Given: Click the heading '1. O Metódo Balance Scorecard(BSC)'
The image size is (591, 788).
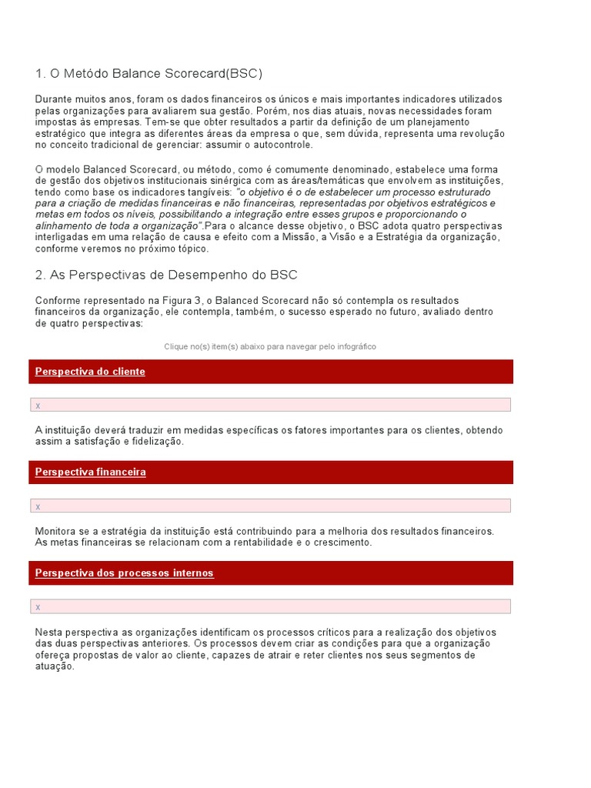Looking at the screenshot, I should pos(149,74).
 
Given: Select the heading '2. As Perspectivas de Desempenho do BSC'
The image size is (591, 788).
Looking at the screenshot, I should pos(166,275).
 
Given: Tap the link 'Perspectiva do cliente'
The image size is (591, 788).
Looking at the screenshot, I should pos(90,372).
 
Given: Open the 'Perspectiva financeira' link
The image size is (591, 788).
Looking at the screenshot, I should pos(90,472).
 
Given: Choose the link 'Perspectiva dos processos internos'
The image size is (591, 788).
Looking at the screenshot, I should pos(124,573).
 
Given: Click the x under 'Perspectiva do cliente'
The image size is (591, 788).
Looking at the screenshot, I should pos(38,406).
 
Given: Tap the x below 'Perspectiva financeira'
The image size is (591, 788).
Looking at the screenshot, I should pos(38,506).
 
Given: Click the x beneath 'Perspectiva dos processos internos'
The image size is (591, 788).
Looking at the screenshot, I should pos(38,607).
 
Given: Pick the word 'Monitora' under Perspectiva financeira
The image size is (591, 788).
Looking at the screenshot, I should pos(56,531).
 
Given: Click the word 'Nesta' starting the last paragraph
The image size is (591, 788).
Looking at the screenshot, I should pos(48,632).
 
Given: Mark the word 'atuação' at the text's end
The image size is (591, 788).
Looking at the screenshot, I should pos(54,666).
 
